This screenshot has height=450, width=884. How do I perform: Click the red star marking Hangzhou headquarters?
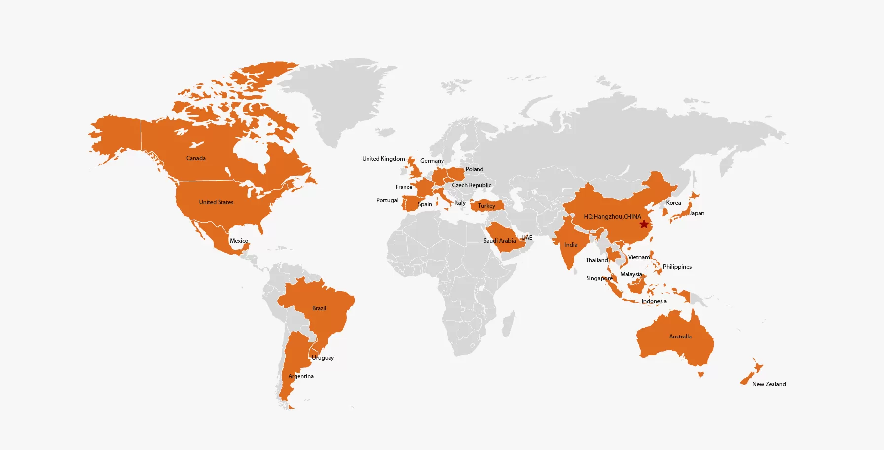tap(644, 224)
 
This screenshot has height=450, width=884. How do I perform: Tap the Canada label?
tap(196, 158)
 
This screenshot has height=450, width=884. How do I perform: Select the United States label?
tap(216, 202)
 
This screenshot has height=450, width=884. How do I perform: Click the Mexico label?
tap(239, 241)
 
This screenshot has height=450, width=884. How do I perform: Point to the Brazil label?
tap(319, 308)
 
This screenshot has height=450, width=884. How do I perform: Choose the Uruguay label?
tap(323, 358)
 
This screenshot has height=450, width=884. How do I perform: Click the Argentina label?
tap(301, 376)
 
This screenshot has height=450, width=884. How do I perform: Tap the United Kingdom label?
tap(383, 159)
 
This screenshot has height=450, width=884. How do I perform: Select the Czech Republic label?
tap(472, 185)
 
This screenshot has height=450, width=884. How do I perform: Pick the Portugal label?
tap(387, 200)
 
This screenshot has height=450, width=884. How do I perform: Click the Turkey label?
tap(486, 206)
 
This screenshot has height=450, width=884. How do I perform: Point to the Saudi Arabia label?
tap(499, 241)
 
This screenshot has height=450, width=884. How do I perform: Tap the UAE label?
tap(527, 238)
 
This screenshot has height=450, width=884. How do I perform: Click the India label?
tap(571, 245)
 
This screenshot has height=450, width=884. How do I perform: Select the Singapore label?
tap(599, 278)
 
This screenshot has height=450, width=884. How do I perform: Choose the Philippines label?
tap(677, 267)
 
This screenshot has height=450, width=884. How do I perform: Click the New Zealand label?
tap(769, 384)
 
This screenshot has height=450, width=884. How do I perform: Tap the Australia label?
tap(680, 337)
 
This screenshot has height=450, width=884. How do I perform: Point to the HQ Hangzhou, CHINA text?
tap(612, 217)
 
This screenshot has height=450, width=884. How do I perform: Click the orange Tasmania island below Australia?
tap(700, 375)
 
